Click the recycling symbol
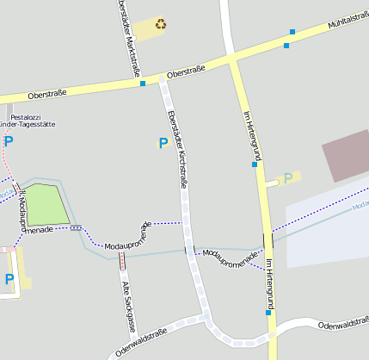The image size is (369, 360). click(x=161, y=24)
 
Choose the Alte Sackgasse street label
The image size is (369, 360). click(x=128, y=306)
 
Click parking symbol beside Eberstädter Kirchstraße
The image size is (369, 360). click(x=163, y=143)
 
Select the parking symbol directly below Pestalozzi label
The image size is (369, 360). click(x=9, y=140)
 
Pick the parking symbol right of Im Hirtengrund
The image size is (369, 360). click(x=287, y=177)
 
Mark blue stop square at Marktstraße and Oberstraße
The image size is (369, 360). click(x=142, y=84)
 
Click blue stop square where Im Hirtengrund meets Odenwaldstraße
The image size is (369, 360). click(x=268, y=313)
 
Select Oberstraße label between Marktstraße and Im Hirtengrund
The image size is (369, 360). click(x=190, y=73)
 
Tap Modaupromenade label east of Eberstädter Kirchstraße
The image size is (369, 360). click(x=230, y=255)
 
